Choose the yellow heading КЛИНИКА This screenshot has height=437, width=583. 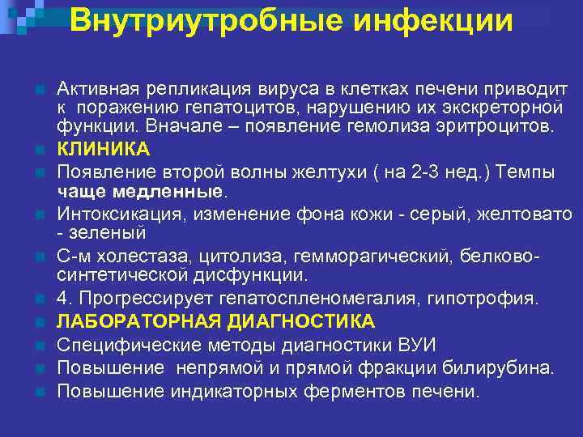point(103,150)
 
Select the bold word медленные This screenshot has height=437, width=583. point(177,192)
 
